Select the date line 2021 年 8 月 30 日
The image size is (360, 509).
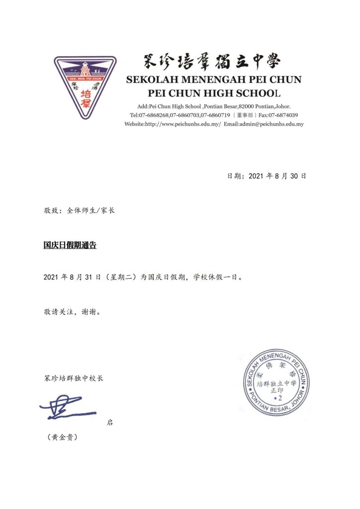point(266,176)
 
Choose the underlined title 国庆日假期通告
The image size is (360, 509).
point(70,245)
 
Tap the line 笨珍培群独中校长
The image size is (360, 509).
point(73,378)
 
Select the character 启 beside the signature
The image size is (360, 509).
point(110,423)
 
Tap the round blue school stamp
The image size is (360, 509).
point(276,382)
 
